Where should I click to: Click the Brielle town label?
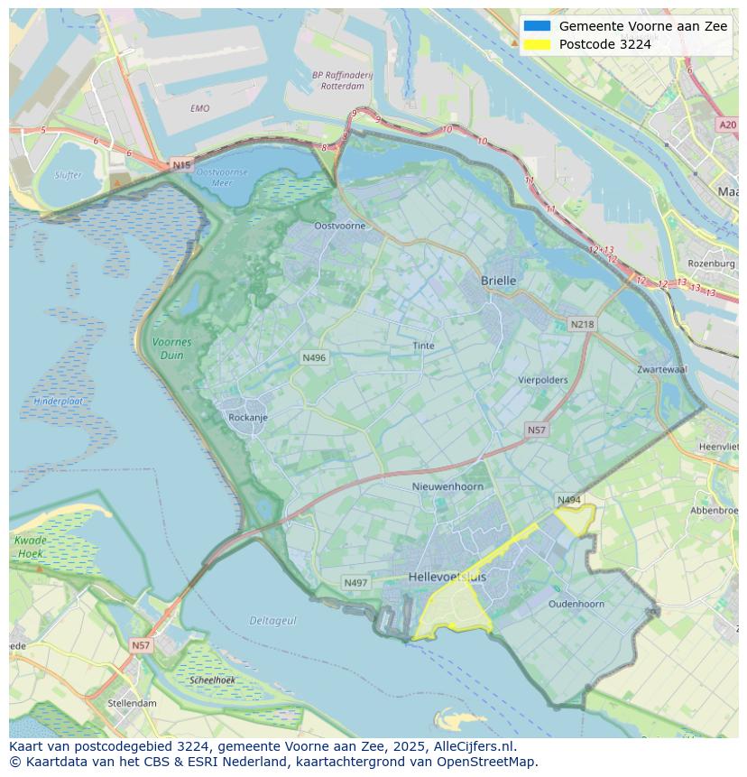point(499,281)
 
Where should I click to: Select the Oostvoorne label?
point(339,226)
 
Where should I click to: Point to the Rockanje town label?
point(248,418)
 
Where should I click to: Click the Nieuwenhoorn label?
point(447,486)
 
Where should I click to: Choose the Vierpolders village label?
point(543,380)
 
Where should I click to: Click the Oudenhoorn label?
point(576,604)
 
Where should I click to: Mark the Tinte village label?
point(423,346)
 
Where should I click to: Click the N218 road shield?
point(582,325)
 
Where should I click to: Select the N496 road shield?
point(314,358)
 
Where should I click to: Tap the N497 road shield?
point(355,583)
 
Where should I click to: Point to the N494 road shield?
point(568,500)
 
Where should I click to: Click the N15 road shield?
point(181,165)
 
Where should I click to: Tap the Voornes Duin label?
point(171,348)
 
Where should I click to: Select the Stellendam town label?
point(132,703)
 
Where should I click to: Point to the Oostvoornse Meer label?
point(221,177)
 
